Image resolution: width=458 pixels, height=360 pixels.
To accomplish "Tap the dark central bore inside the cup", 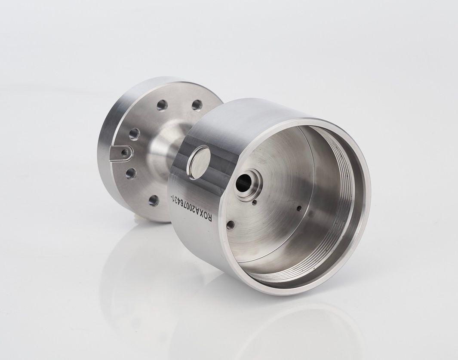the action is (243, 183).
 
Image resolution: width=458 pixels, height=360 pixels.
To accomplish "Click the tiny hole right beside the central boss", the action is (255, 202).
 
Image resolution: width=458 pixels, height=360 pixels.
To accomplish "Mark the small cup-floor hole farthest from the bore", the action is (299, 208).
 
